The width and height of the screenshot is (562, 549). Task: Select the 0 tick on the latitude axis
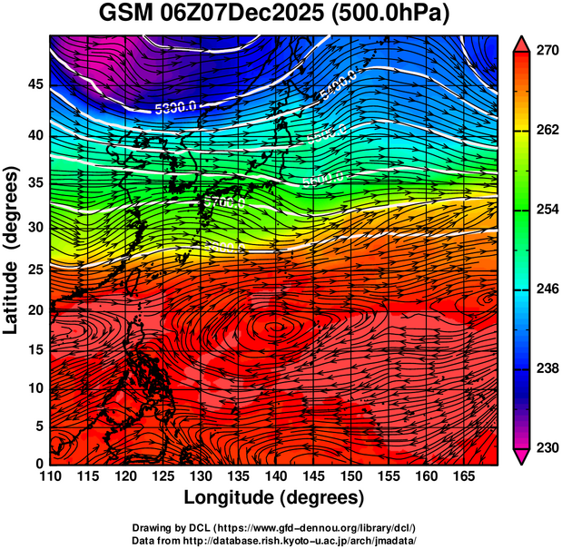point(37,463)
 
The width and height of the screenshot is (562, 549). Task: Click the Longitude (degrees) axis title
point(274,497)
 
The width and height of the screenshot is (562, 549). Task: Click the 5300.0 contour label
point(176,107)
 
